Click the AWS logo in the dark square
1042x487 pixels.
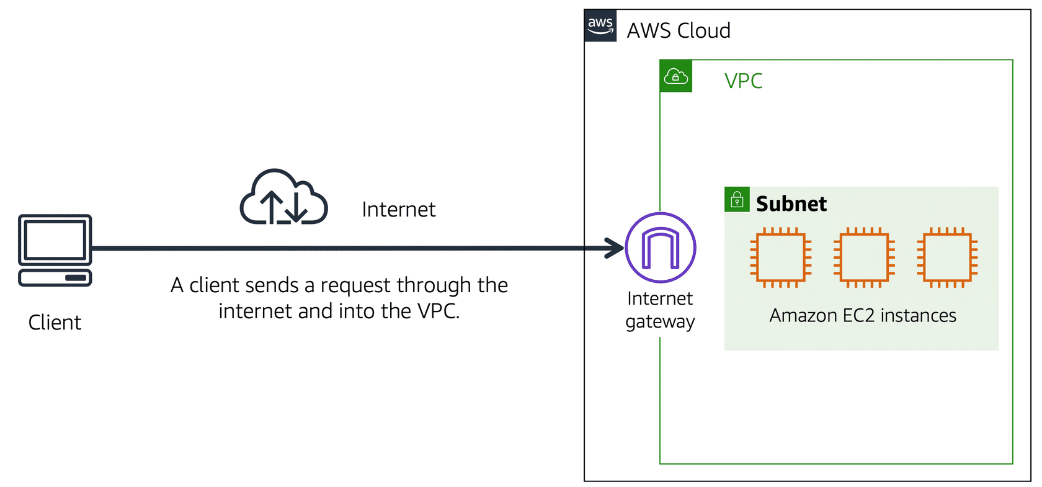[x=600, y=26]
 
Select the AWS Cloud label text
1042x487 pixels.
[x=679, y=30]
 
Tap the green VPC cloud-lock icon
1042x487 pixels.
[x=675, y=76]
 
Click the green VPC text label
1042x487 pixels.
[x=743, y=81]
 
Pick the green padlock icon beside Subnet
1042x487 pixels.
[x=737, y=200]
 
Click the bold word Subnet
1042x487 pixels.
[x=791, y=204]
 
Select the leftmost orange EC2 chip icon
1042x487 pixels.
[x=781, y=257]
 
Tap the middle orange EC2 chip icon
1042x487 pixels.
[x=864, y=257]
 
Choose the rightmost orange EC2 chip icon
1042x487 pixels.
[x=947, y=257]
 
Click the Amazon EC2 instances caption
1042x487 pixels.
[x=862, y=316]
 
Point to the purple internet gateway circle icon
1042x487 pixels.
[x=661, y=248]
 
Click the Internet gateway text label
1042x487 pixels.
[x=660, y=310]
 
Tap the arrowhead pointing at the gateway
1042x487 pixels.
[x=615, y=248]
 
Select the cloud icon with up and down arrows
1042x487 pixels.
[x=283, y=197]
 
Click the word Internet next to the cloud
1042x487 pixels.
[x=398, y=210]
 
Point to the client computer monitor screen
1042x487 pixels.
[x=55, y=239]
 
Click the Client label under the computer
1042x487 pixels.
[x=55, y=323]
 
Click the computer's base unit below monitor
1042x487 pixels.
[x=55, y=277]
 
